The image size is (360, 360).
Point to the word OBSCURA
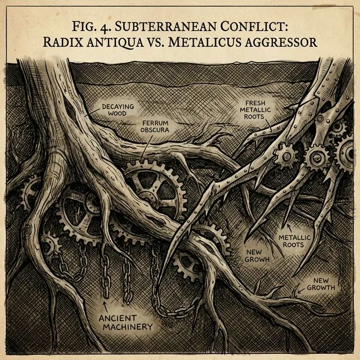pyautogui.click(x=154, y=130)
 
